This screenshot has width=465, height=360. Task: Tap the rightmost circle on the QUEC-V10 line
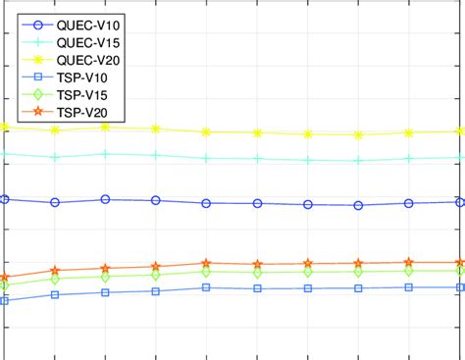pyautogui.click(x=460, y=202)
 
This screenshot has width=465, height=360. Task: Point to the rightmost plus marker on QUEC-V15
pyautogui.click(x=460, y=157)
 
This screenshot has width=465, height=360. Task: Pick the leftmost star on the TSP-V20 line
pyautogui.click(x=5, y=279)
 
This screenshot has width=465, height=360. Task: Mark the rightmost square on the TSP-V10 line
pyautogui.click(x=460, y=287)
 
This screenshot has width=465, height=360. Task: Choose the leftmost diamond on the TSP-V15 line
pyautogui.click(x=5, y=286)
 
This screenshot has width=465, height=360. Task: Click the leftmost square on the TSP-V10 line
pyautogui.click(x=5, y=300)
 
